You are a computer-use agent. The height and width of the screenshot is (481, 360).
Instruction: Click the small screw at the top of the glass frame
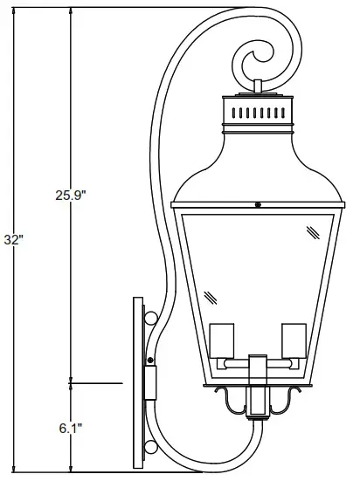(x=258, y=205)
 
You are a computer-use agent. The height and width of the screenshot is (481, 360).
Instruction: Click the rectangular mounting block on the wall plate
(x=149, y=381)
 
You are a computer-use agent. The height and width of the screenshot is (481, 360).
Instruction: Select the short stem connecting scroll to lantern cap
(x=258, y=87)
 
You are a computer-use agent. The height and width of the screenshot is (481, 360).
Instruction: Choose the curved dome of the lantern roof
(x=258, y=166)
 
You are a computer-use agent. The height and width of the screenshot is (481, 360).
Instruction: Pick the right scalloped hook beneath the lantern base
(x=284, y=400)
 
